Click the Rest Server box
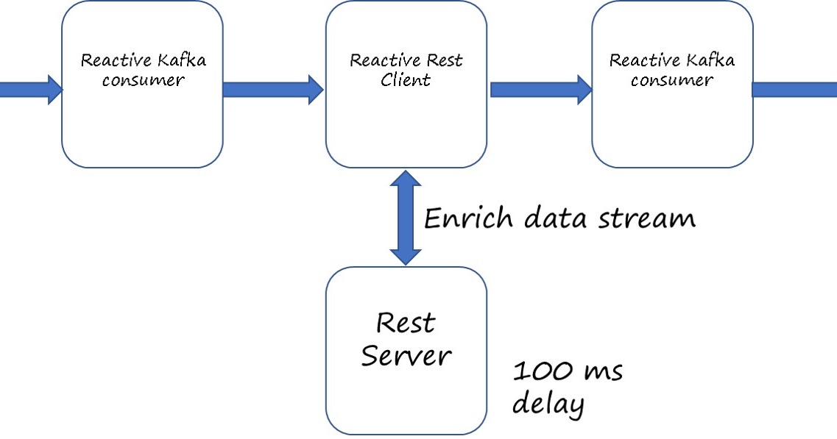pyautogui.click(x=406, y=350)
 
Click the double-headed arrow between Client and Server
pyautogui.click(x=406, y=217)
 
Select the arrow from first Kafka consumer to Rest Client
pyautogui.click(x=272, y=89)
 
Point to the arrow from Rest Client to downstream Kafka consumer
pyautogui.click(x=540, y=89)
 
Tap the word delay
pyautogui.click(x=548, y=404)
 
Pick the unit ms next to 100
pyautogui.click(x=603, y=372)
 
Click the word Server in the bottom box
pyautogui.click(x=406, y=357)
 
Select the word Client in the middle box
pyautogui.click(x=406, y=80)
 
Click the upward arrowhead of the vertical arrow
pyautogui.click(x=406, y=179)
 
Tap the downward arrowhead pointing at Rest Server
pyautogui.click(x=406, y=255)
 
